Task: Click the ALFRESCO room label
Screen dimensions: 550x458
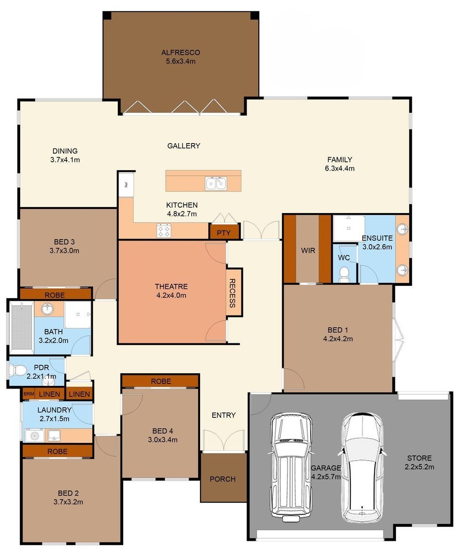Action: (x=180, y=53)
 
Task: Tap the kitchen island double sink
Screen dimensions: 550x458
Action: (x=216, y=183)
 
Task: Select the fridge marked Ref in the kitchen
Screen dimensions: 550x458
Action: (x=126, y=185)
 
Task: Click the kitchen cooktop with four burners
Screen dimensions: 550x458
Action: (x=164, y=230)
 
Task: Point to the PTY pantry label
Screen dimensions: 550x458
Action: (x=224, y=233)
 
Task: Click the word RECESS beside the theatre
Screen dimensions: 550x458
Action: (x=232, y=293)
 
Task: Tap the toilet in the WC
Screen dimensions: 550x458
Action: (x=344, y=273)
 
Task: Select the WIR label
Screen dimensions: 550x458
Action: (x=308, y=251)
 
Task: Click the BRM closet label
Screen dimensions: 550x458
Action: (x=29, y=394)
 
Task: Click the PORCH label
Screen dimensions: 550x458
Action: (x=223, y=479)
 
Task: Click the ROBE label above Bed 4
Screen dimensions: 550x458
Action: (x=161, y=381)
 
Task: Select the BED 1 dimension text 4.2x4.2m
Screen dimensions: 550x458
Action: (x=337, y=339)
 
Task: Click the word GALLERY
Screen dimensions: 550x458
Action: (x=184, y=146)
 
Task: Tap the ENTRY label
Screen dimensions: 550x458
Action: (x=224, y=415)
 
